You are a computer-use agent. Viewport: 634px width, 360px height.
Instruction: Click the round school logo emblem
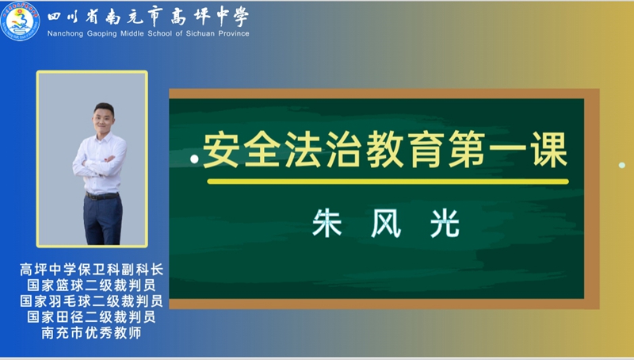pos(21,21)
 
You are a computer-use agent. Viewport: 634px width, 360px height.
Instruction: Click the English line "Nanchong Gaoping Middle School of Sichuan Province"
pos(148,33)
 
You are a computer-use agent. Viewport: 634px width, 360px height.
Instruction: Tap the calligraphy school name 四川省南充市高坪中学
pos(148,17)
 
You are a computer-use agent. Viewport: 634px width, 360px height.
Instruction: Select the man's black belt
pos(102,196)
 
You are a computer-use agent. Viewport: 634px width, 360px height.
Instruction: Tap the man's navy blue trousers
pos(103,221)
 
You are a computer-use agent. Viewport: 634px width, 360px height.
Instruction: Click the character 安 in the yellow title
pos(221,150)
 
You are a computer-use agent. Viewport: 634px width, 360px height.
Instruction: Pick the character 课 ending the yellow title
pos(550,150)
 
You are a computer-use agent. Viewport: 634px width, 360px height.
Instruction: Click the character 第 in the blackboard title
pos(468,150)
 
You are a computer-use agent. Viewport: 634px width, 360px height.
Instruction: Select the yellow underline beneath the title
pos(388,182)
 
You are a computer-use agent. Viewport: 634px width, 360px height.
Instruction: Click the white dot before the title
pos(194,159)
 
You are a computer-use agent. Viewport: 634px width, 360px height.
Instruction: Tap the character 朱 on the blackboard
pos(327,223)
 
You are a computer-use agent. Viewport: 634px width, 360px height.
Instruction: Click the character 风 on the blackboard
pos(386,223)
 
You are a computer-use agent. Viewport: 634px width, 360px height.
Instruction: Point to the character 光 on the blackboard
pos(445,223)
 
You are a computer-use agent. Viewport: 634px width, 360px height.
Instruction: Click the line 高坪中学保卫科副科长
pos(91,270)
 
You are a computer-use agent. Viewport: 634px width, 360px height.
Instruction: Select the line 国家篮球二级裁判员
pos(91,285)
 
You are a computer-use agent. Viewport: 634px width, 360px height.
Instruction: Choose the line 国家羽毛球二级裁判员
pos(91,301)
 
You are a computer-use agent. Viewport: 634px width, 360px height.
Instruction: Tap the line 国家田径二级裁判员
pos(91,316)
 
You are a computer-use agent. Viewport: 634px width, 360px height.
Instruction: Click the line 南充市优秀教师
pos(91,332)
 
